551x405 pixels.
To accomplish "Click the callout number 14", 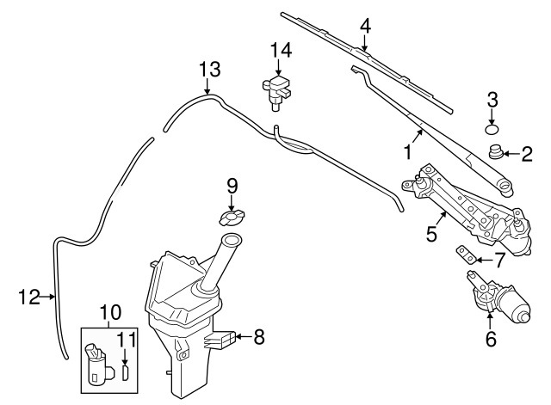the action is [281, 50].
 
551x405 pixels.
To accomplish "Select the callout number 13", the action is [210, 70].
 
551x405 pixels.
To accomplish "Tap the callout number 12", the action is [28, 297].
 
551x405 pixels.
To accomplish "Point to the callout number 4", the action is [365, 27].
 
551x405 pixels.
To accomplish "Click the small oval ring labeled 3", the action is [492, 129].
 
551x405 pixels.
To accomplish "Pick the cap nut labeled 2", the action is [496, 153].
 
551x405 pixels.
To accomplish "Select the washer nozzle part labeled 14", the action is [277, 93].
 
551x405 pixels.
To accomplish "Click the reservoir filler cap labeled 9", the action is [232, 218].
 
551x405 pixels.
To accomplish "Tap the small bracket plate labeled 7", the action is [467, 255].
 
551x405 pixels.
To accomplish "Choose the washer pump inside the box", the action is [100, 364].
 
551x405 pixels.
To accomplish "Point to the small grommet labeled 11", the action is [126, 372].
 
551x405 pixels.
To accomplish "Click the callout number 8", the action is [259, 337].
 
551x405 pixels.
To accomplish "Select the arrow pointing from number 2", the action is [511, 154].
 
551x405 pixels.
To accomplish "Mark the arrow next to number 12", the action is [47, 297].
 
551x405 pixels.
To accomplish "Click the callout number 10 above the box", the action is [111, 311].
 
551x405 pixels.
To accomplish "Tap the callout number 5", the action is [431, 233].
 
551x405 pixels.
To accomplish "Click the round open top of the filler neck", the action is [232, 241].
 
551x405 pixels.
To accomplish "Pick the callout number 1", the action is [407, 152].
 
